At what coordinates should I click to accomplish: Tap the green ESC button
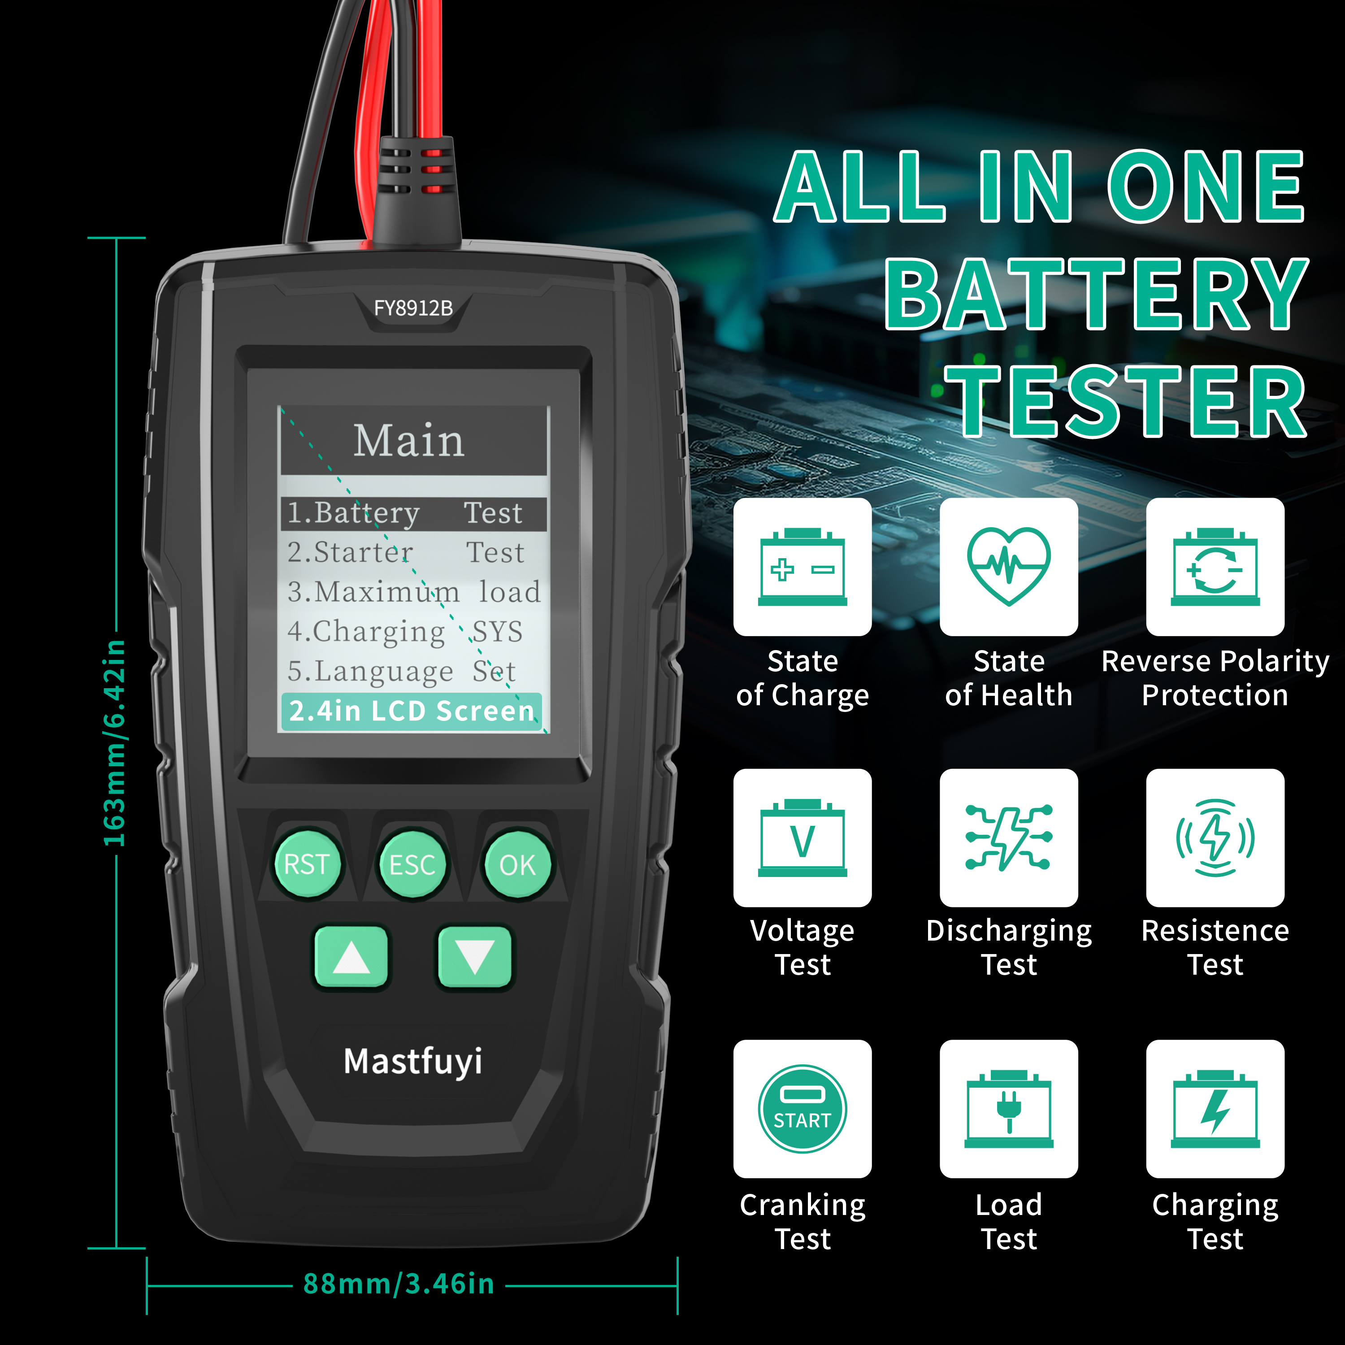412,865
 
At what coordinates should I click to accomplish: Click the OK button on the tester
517,865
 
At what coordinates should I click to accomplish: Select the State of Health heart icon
1009,566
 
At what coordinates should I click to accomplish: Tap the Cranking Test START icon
802,1109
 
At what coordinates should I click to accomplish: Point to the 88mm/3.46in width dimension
399,1284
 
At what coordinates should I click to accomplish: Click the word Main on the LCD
408,441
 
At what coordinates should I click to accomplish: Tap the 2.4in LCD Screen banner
412,711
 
